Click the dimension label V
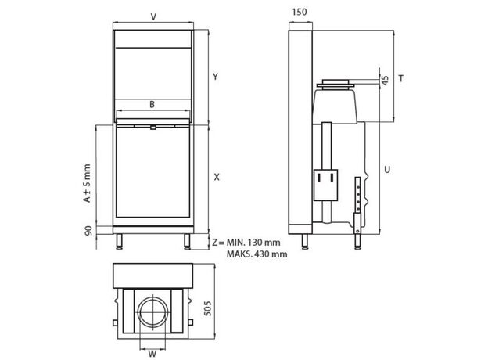(x=153, y=16)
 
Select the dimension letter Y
(x=215, y=76)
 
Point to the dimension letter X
(x=217, y=177)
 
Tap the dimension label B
(x=152, y=104)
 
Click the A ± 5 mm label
(x=87, y=183)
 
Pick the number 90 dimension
(x=88, y=231)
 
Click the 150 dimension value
(x=300, y=13)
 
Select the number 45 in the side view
(x=385, y=81)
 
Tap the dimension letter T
(x=401, y=78)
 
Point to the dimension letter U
(x=387, y=170)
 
